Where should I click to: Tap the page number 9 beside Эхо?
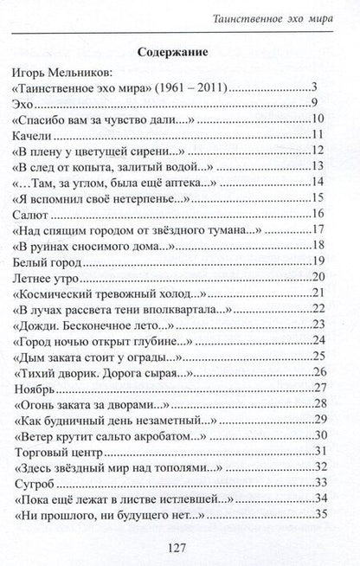coord(320,104)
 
